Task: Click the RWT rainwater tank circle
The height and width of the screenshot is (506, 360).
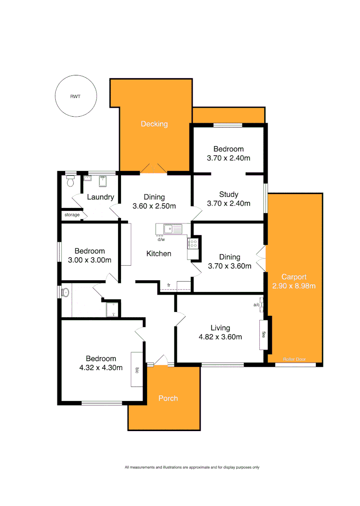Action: [x=75, y=96]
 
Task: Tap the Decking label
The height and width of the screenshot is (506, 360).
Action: [x=154, y=124]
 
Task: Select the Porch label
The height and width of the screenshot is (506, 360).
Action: [x=168, y=398]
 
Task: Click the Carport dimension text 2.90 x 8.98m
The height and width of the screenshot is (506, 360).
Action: [x=294, y=286]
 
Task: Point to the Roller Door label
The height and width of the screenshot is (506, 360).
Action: [x=294, y=359]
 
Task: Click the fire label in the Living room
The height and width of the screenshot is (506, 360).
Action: [x=263, y=335]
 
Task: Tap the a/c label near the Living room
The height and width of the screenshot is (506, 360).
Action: [x=257, y=305]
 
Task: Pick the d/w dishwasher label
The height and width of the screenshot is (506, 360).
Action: [x=161, y=239]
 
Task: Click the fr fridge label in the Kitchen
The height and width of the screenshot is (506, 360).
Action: [x=169, y=285]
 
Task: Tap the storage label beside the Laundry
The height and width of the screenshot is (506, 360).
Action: [x=72, y=215]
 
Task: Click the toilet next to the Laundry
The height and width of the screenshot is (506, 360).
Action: [x=70, y=181]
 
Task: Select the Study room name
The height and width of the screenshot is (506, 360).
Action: [x=229, y=194]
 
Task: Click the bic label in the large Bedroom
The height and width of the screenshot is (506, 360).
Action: [x=137, y=369]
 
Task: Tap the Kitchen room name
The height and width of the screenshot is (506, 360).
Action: [x=159, y=253]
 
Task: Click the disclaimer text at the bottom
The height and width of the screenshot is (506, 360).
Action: [x=192, y=467]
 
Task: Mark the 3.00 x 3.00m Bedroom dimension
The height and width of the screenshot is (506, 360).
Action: [x=90, y=260]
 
